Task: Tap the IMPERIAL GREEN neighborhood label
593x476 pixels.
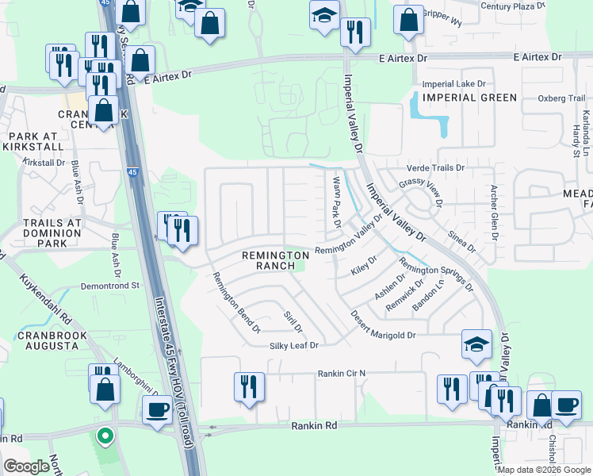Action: coord(469,98)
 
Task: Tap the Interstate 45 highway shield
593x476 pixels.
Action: coord(132,171)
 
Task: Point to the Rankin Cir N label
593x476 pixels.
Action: coord(342,373)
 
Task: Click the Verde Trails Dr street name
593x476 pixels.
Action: coord(435,168)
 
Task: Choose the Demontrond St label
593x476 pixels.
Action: coord(109,285)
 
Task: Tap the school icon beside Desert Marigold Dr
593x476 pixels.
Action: coord(476,343)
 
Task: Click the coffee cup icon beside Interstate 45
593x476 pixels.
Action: coord(156,409)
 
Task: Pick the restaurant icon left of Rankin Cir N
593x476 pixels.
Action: coord(249,386)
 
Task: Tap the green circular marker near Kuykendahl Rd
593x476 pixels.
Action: coord(103,435)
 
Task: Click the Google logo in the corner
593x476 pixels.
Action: coord(26,466)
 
